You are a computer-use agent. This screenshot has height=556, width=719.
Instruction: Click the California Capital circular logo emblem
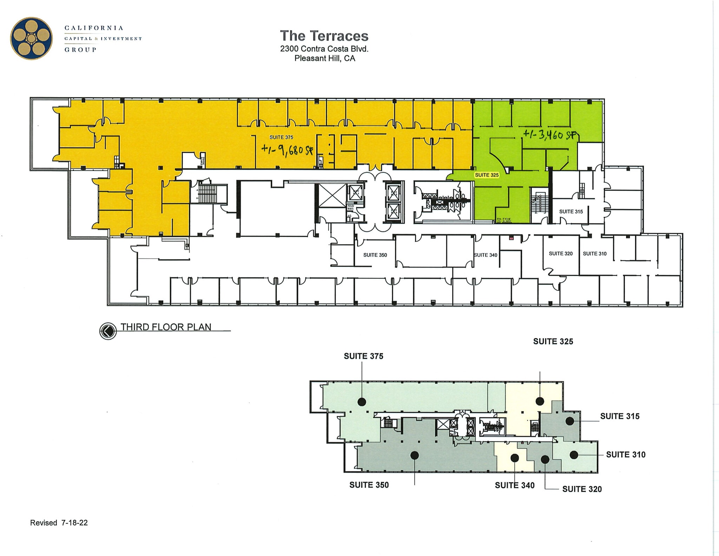[x=31, y=38]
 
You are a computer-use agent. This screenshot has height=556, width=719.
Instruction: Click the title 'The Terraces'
[x=324, y=36]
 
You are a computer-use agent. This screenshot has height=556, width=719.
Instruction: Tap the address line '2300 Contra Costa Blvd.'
[x=324, y=49]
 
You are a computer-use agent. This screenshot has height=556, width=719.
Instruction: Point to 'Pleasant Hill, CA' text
[x=325, y=58]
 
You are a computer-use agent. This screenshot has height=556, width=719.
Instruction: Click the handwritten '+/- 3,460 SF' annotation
[x=550, y=135]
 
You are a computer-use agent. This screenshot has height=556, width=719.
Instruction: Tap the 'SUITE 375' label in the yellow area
[x=281, y=137]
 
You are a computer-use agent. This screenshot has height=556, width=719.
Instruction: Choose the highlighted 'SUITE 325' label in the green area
[x=487, y=175]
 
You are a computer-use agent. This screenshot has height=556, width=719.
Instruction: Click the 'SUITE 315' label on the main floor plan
[x=571, y=211]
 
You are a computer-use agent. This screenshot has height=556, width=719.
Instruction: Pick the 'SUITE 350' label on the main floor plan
[x=375, y=255]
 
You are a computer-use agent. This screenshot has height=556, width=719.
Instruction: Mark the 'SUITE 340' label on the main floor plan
[x=486, y=255]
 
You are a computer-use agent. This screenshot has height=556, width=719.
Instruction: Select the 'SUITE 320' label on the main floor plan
[x=561, y=254]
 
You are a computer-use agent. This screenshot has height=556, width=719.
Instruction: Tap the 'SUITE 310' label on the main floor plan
[x=595, y=254]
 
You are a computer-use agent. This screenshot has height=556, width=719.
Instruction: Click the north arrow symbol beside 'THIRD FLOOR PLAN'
[x=108, y=331]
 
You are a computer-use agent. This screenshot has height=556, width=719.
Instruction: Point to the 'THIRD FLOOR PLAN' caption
[x=166, y=327]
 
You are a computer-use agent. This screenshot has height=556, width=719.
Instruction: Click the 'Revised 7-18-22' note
[x=59, y=523]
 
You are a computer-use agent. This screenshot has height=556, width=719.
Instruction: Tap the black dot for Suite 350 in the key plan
[x=415, y=456]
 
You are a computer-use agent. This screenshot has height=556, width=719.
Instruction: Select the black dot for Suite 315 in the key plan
[x=569, y=421]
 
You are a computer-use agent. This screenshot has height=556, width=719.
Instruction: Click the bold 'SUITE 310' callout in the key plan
[x=626, y=454]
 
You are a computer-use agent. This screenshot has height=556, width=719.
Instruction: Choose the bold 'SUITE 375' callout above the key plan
[x=363, y=356]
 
